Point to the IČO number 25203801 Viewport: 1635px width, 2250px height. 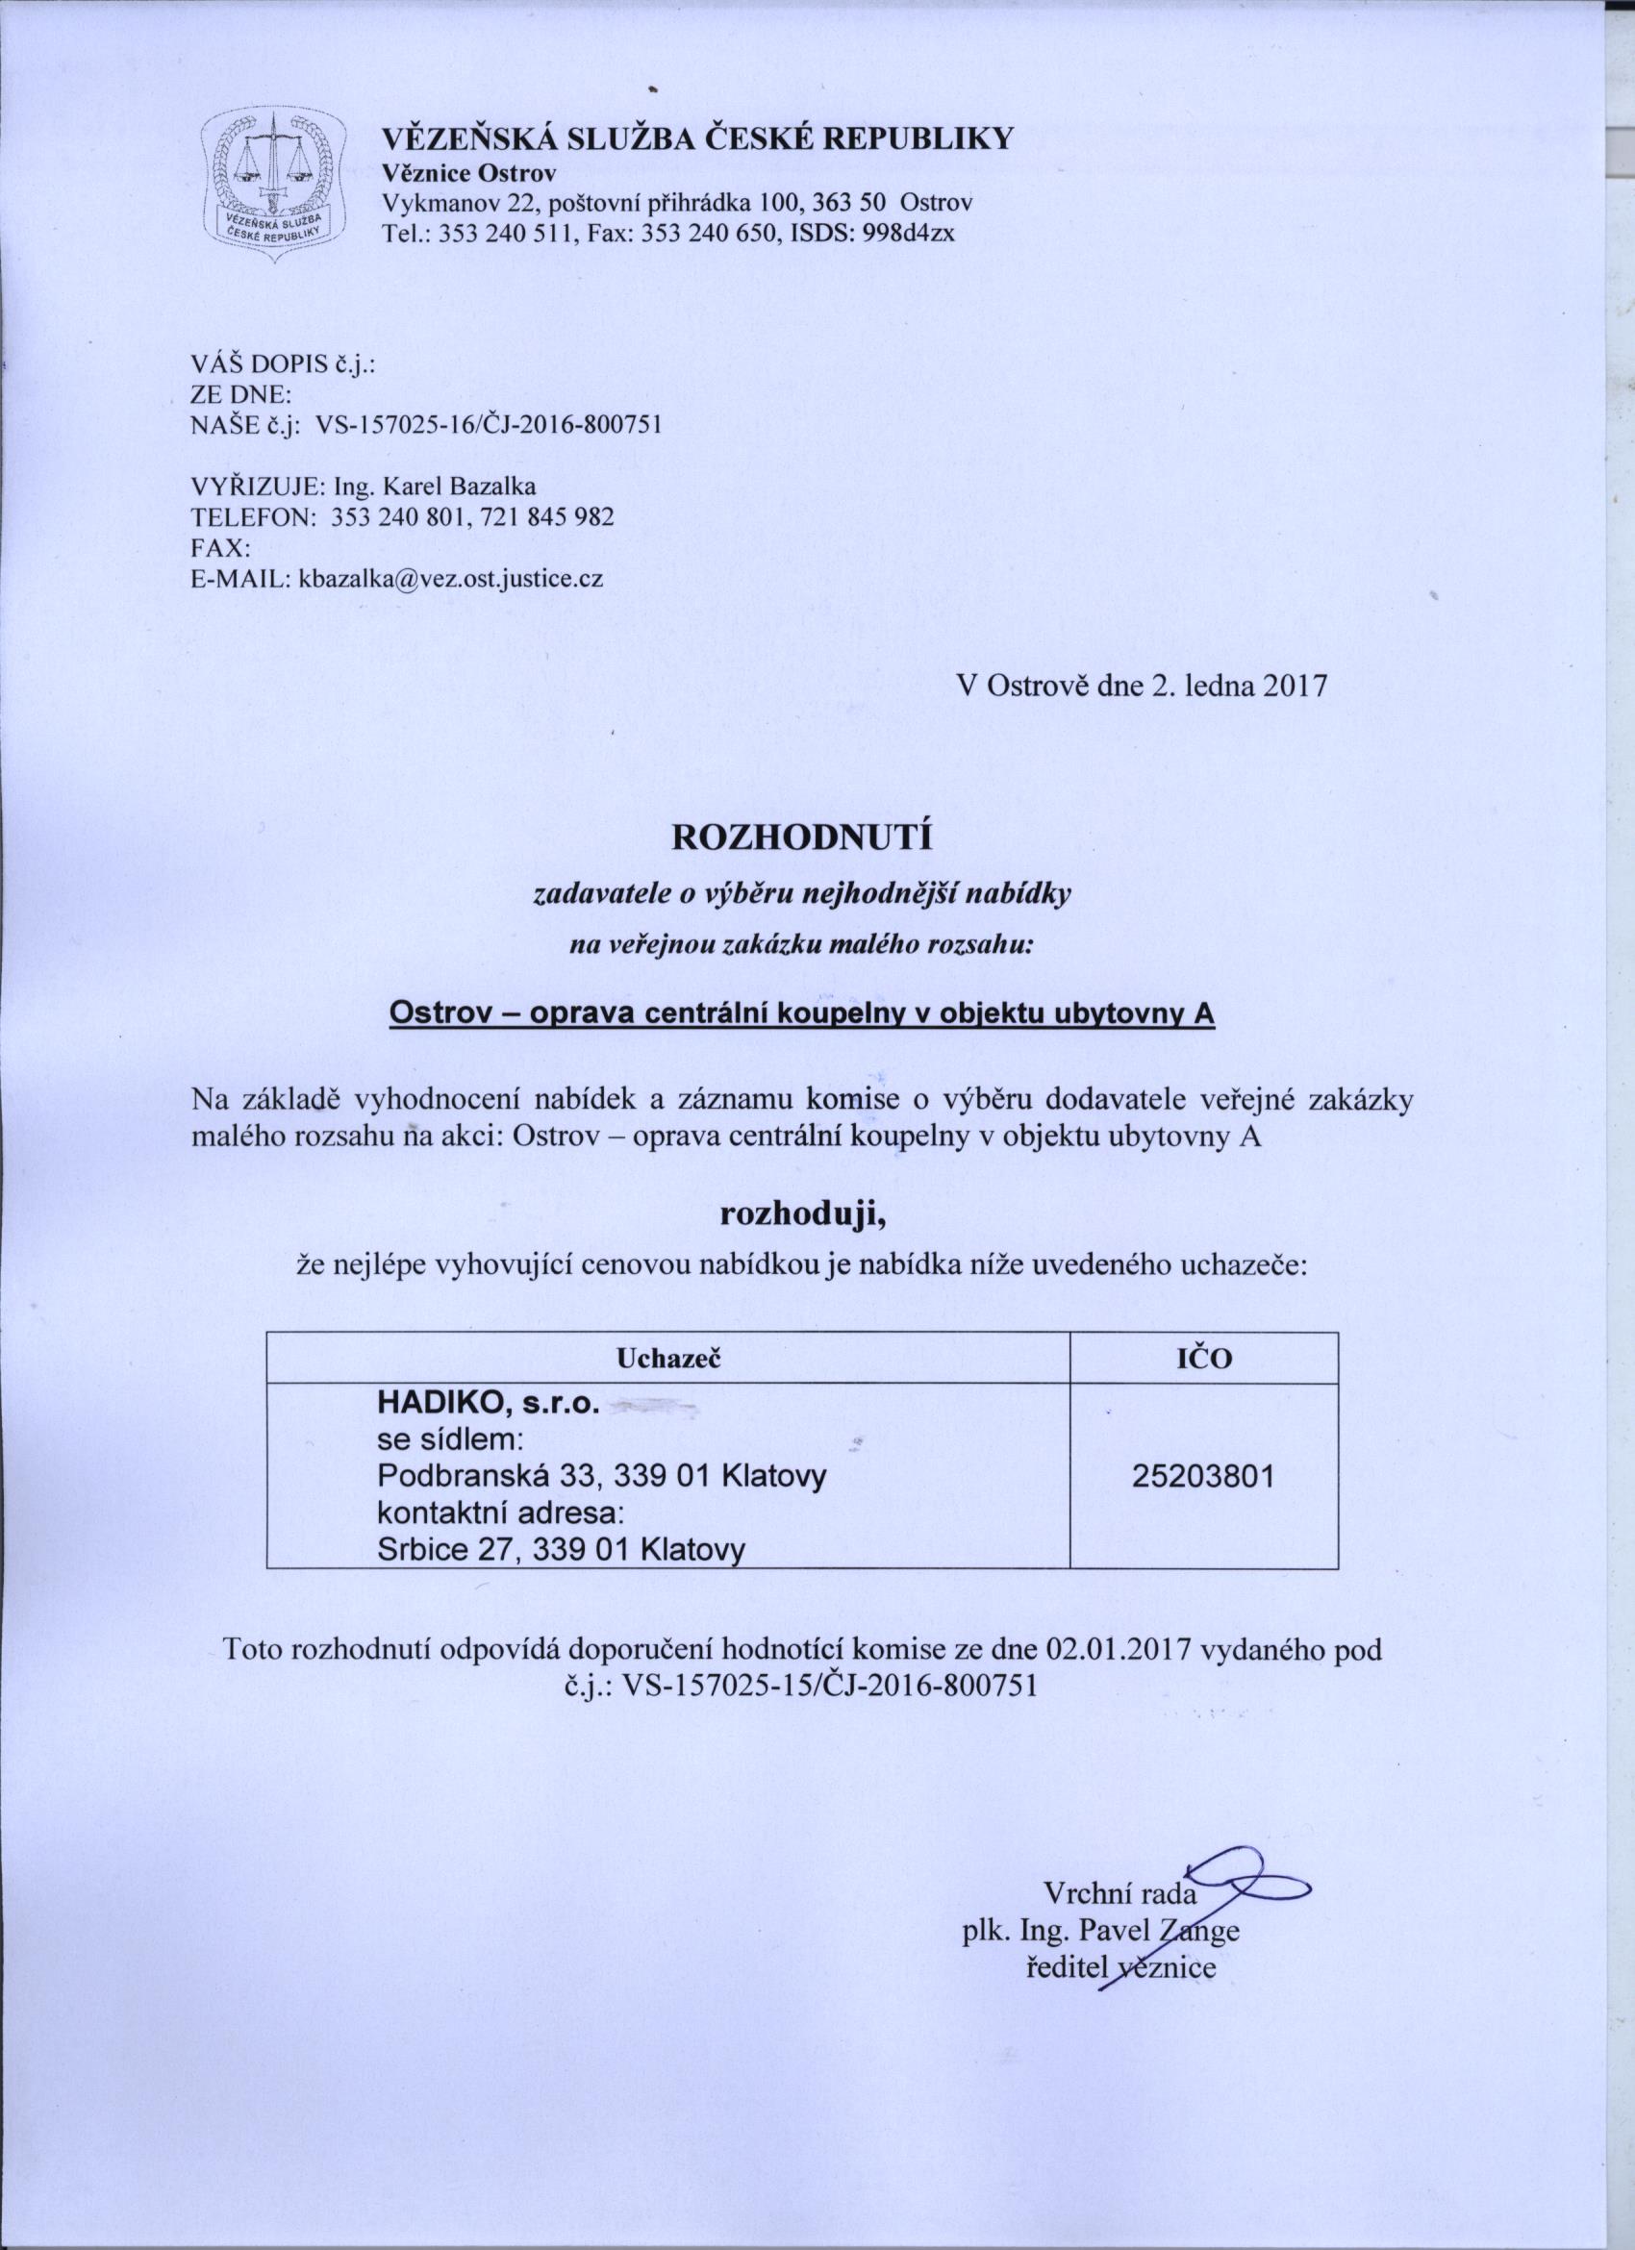pos(1202,1505)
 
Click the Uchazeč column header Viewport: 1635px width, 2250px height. pos(667,1359)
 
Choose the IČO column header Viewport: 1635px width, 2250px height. pos(1204,1359)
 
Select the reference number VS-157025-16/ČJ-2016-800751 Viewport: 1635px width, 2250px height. pos(487,426)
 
